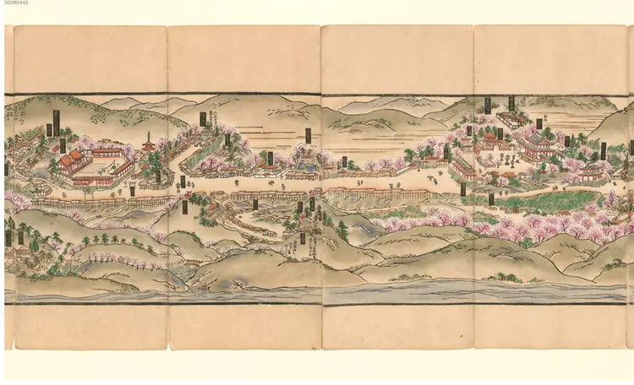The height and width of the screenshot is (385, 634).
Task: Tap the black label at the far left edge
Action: [x=6, y=169]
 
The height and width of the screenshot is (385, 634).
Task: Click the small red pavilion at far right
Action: [x=592, y=173]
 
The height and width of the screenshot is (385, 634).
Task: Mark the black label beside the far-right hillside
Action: [x=603, y=151]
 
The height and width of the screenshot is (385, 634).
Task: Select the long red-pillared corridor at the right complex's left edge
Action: [x=462, y=168]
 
